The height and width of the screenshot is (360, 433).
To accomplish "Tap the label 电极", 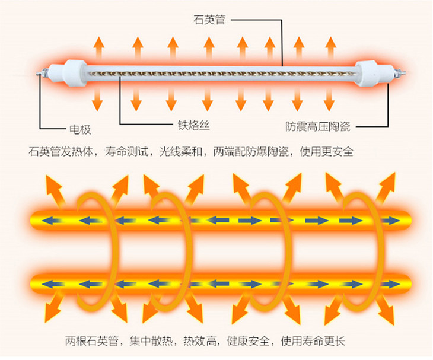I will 81,129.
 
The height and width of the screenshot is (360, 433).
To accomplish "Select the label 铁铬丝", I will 194,125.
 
